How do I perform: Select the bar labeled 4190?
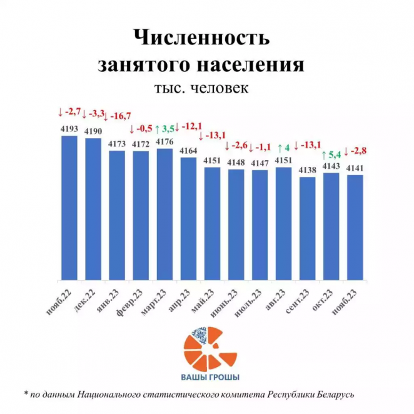click(93, 209)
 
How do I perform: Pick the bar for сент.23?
click(307, 228)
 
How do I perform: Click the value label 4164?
click(188, 151)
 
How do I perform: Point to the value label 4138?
click(307, 170)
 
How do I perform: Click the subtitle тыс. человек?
click(201, 88)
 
